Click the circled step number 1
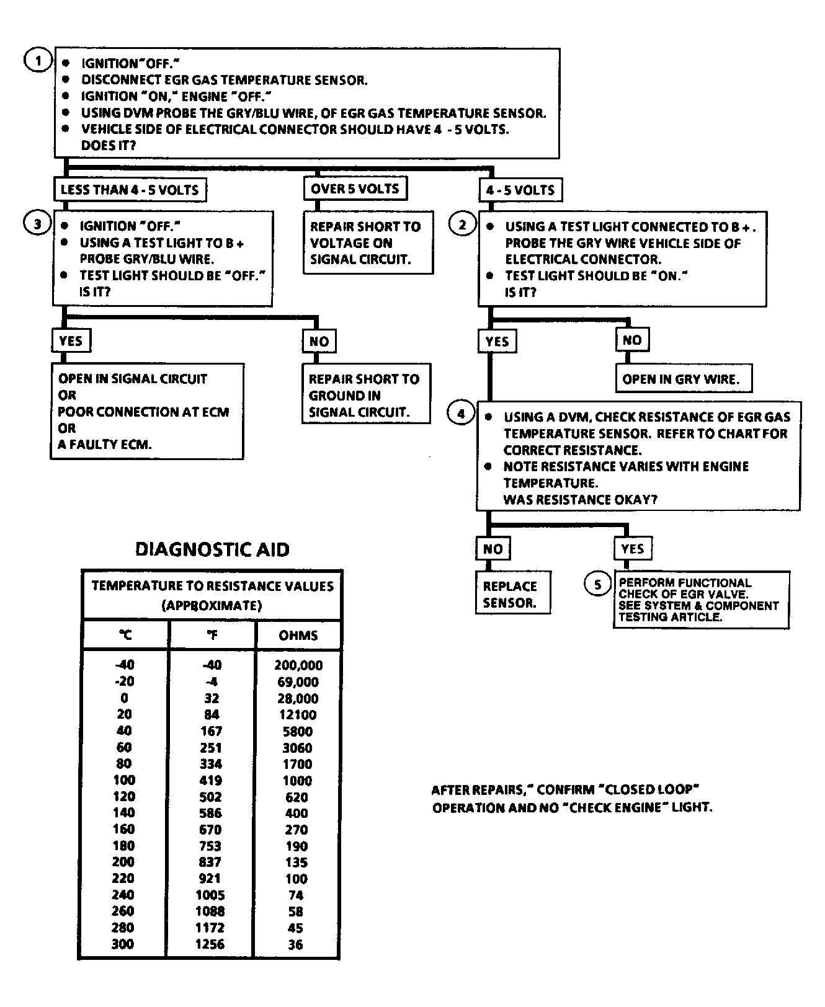point(38,61)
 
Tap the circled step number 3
point(37,223)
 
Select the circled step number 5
point(597,584)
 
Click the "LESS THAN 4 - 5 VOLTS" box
point(130,190)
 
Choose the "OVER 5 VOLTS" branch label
point(355,189)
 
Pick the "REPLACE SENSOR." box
point(512,593)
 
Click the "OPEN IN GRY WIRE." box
point(683,379)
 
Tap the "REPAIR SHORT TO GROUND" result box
point(365,395)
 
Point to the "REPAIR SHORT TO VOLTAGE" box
point(367,243)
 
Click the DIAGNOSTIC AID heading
point(212,549)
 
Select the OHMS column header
point(298,635)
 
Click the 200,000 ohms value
point(298,665)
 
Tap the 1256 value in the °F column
point(210,944)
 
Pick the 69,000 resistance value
point(298,682)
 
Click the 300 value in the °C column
point(123,944)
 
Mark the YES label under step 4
point(632,549)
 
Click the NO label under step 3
point(319,341)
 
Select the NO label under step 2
point(631,340)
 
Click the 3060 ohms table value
point(297,748)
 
